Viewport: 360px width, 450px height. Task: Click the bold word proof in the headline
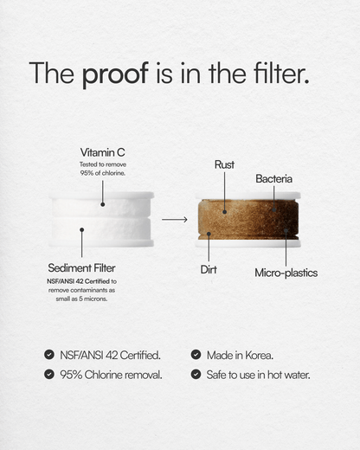117,74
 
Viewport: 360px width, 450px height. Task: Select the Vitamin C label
102,152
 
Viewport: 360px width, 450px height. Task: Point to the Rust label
224,164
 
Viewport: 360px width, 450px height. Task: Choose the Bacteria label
273,178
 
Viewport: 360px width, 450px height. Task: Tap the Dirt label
209,270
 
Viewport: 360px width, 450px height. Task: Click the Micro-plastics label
286,273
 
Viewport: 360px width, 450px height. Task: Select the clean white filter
102,219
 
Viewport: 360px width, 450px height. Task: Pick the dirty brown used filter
249,220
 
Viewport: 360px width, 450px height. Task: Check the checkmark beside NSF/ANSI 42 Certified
48,355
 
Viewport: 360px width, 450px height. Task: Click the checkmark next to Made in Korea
196,355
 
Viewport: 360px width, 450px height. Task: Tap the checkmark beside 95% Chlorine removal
48,375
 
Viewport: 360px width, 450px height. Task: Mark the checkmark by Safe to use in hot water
196,375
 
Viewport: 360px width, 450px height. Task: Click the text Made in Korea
241,355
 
